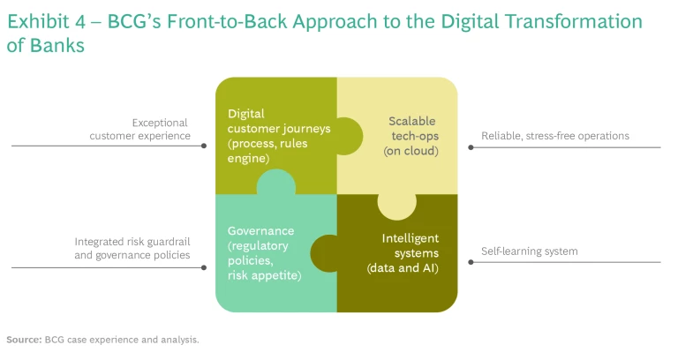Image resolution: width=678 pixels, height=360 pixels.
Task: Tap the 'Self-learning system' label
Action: coord(529,251)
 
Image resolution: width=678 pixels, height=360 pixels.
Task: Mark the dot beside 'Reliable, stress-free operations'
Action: coord(471,147)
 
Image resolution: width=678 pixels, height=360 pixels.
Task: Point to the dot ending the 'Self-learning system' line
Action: coord(471,263)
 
